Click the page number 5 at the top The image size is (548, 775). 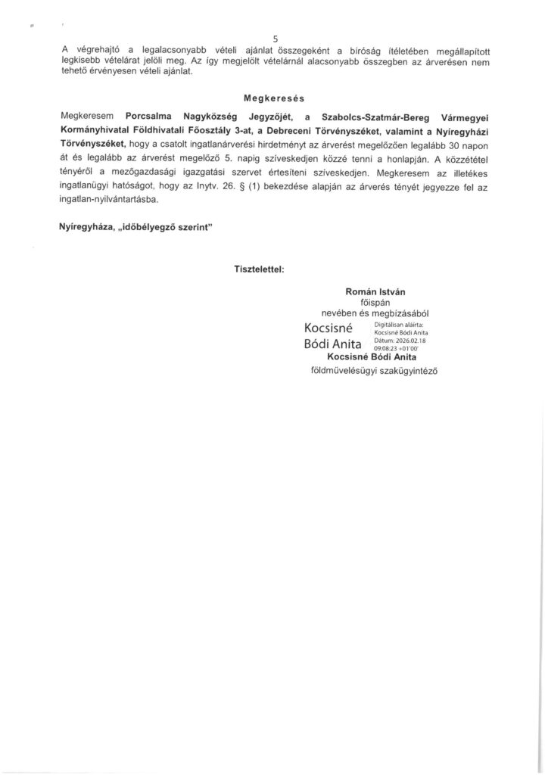tap(274, 39)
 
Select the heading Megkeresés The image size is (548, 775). tap(273, 98)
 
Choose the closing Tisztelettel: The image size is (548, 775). tap(260, 269)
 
